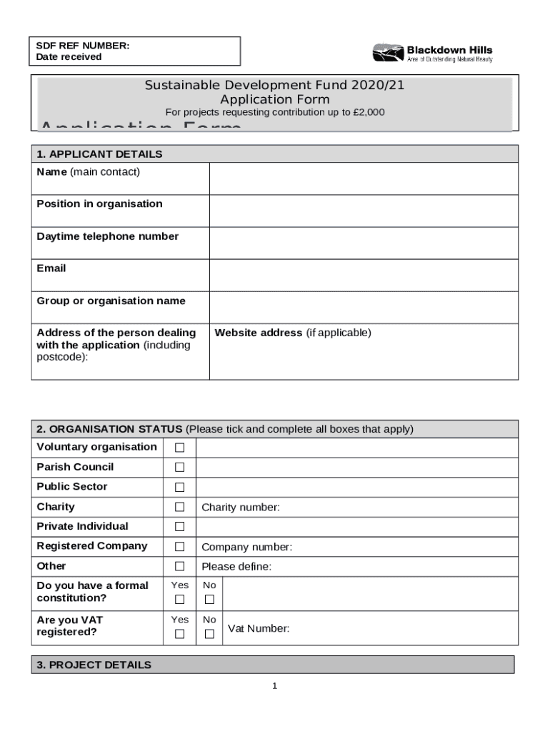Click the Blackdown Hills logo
point(432,53)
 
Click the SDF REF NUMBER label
point(83,46)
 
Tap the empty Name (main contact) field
point(364,178)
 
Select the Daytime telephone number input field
point(364,243)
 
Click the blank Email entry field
point(364,275)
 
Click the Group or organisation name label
point(111,301)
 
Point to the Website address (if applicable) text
point(293,333)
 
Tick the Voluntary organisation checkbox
point(180,448)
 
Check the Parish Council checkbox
point(180,468)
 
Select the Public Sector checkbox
point(180,488)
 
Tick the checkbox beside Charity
point(180,508)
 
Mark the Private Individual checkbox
point(180,527)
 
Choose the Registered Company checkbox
point(180,547)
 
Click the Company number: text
point(246,548)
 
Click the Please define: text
point(236,567)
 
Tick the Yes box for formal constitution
point(180,600)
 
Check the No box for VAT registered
point(209,634)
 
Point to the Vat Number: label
point(259,629)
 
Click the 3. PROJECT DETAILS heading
point(94,665)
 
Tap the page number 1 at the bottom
point(274,687)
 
